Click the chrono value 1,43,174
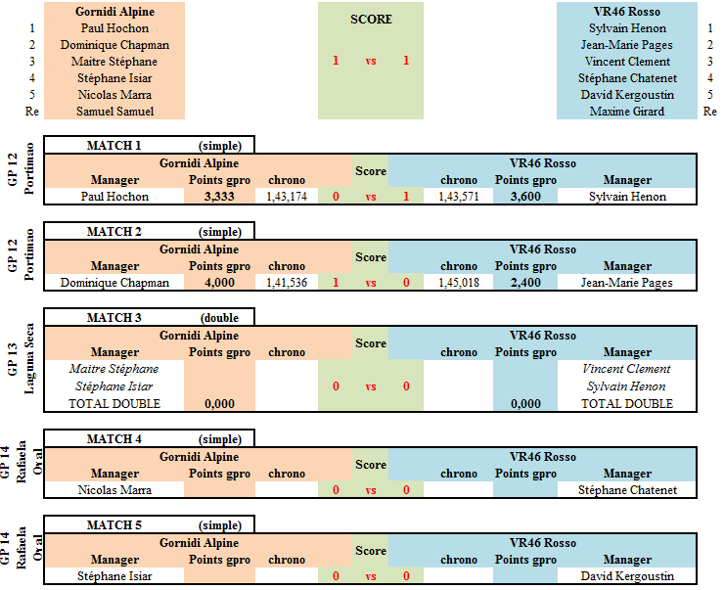[x=287, y=197]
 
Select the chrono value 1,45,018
[x=459, y=283]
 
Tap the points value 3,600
[x=525, y=197]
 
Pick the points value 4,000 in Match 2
[x=219, y=283]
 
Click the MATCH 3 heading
[x=113, y=318]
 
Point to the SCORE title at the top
[x=371, y=19]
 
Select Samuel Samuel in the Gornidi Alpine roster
[x=115, y=112]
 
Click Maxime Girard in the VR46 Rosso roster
[x=627, y=112]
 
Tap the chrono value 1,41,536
[x=287, y=283]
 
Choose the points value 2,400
[x=525, y=283]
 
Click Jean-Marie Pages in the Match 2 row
[x=627, y=283]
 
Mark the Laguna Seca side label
[x=28, y=358]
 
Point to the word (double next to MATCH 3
[x=219, y=318]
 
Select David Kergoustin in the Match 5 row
[x=627, y=576]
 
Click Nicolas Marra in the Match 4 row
[x=114, y=490]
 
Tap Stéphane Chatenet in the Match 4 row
[x=627, y=490]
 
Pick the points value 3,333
[x=219, y=197]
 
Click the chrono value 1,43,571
[x=459, y=197]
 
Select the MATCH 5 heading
[x=113, y=525]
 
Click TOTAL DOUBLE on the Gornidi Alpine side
[x=114, y=404]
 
